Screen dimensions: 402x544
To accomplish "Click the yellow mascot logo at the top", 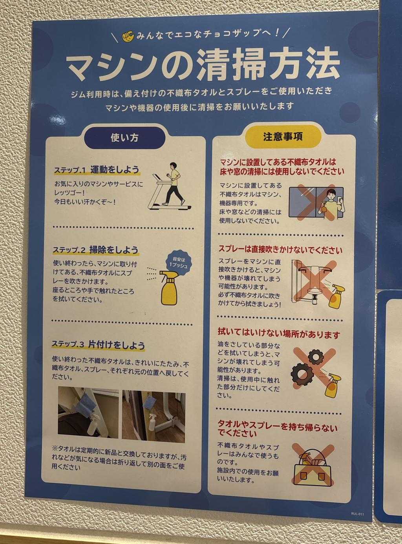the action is tap(128, 36).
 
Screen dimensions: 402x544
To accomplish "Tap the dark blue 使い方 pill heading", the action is tap(125, 138).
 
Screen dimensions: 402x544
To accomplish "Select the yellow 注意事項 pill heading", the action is tap(283, 137).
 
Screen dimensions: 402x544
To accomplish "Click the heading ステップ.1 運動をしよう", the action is tap(97, 170).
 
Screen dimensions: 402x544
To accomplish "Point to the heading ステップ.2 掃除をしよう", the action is tap(95, 250).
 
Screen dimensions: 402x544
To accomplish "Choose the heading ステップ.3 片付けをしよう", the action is tap(98, 345).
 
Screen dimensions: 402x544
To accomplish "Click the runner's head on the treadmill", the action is tap(173, 166).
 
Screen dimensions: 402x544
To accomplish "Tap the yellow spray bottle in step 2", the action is tap(168, 287).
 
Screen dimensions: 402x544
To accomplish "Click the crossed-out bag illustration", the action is tap(312, 465).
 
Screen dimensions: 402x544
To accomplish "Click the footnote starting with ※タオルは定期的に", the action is tap(119, 458).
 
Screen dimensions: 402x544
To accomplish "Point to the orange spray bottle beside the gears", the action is tap(333, 385).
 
